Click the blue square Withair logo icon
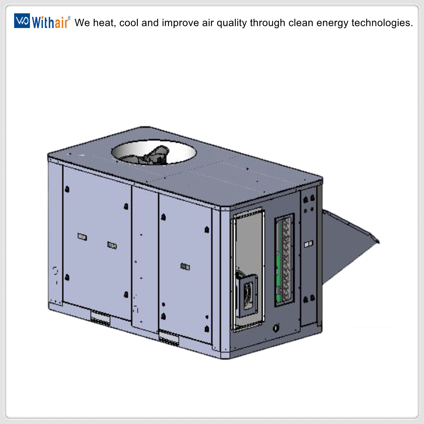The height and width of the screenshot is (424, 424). pos(22,21)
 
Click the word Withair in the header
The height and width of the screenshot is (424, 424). pos(50,22)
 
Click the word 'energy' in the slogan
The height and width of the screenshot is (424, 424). pos(332,23)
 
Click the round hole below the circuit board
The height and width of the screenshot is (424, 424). pos(276,328)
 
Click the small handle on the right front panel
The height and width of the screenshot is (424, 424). pos(185,267)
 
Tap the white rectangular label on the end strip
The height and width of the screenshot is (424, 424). pos(309,244)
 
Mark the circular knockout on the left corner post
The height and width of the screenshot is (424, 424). pos(55,271)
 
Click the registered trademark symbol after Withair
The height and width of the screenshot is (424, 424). pos(69,18)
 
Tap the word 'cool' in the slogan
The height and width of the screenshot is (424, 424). pos(129,23)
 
